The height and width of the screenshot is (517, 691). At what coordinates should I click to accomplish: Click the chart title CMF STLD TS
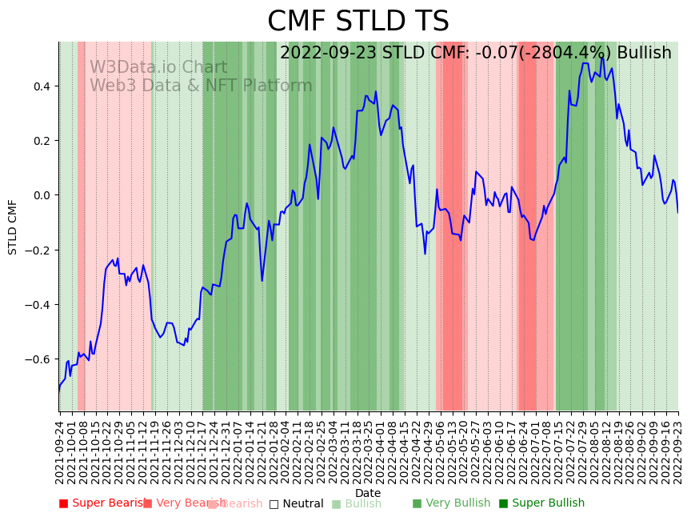point(357,22)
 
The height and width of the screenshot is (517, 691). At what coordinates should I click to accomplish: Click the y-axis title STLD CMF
point(13,226)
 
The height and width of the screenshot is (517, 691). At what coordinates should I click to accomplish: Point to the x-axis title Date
point(368,493)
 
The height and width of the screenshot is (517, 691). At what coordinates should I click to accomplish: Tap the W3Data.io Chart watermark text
point(158,68)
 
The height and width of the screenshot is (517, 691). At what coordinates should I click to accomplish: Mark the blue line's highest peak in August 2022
point(601,58)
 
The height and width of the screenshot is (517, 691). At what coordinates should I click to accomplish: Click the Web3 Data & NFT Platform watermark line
point(201,86)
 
